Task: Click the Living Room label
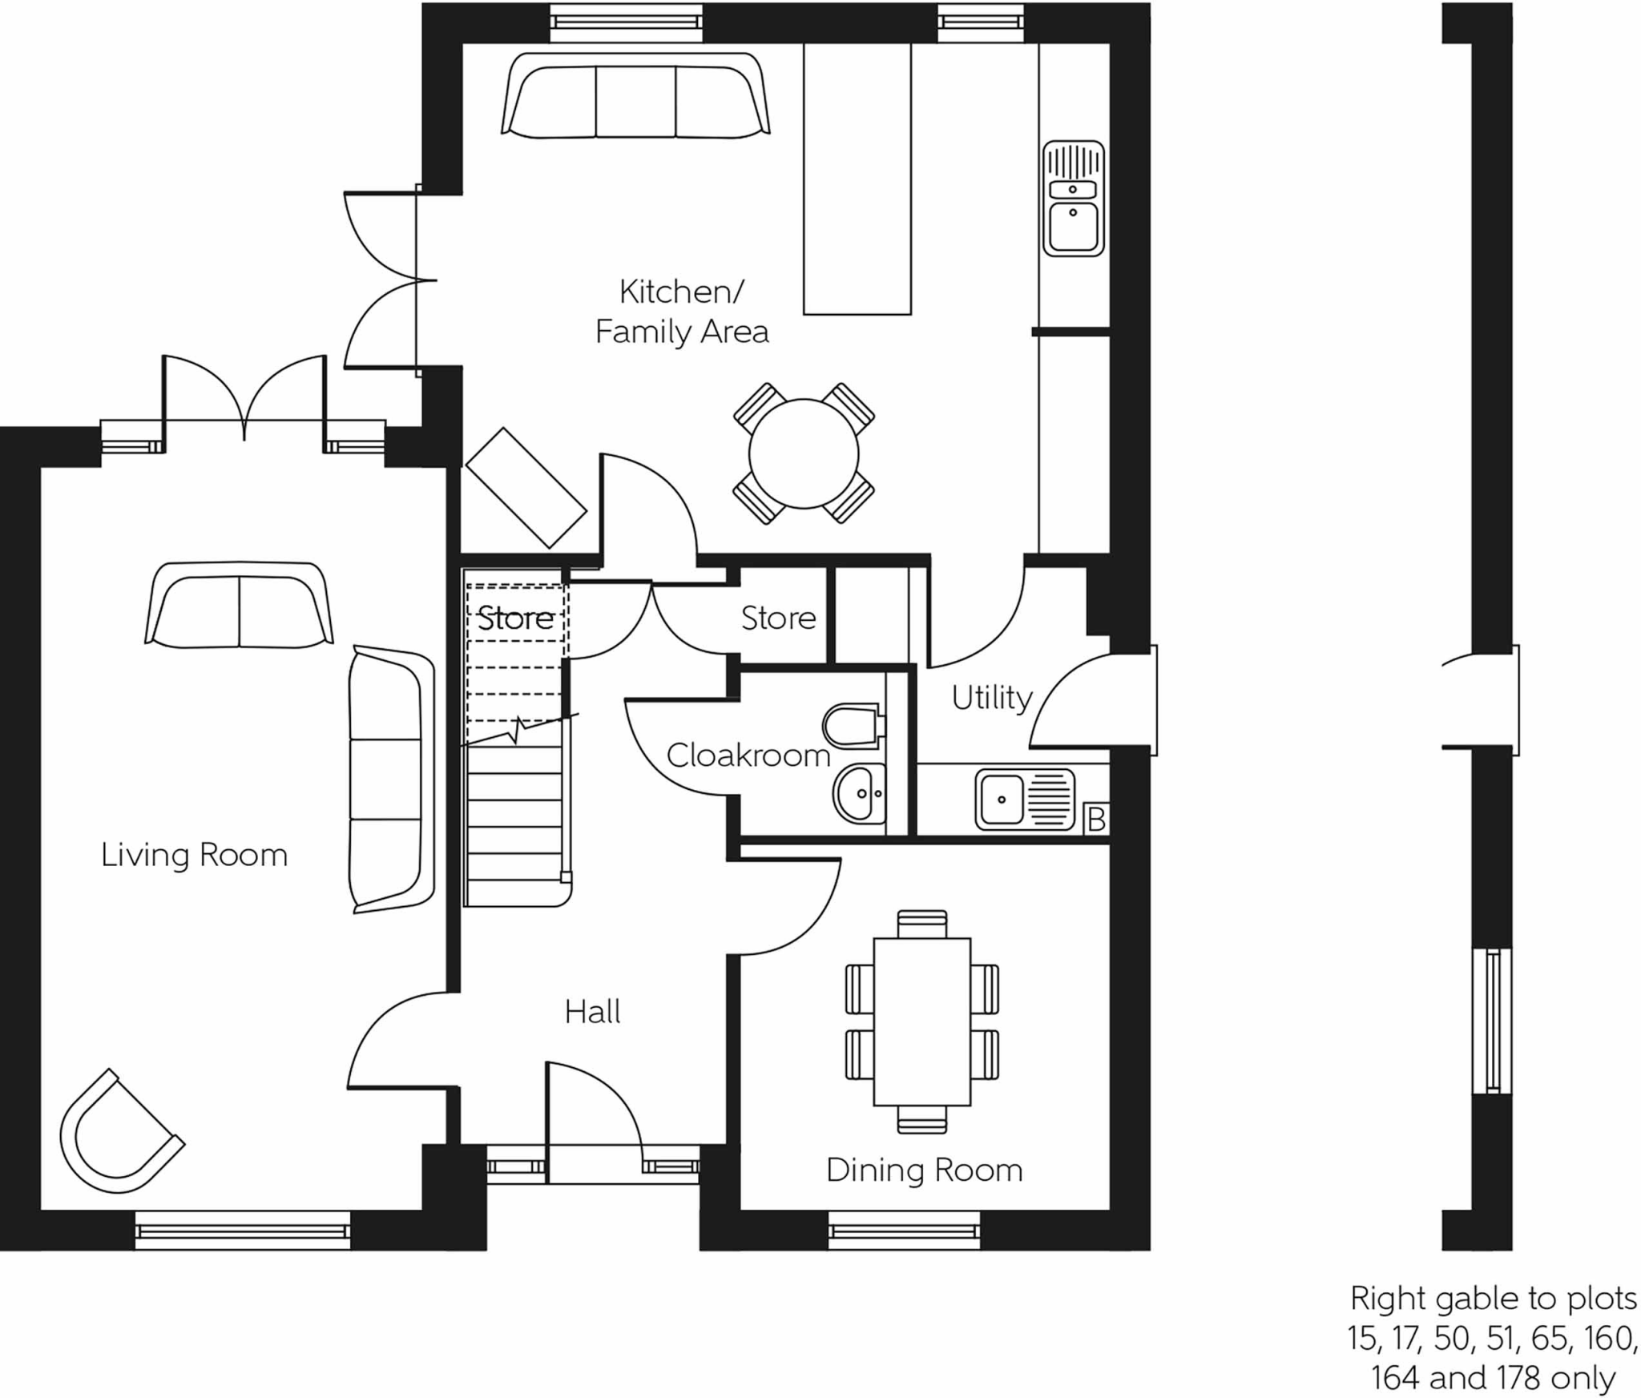[194, 855]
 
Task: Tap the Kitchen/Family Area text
[681, 312]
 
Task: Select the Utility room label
[991, 698]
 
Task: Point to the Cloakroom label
[748, 755]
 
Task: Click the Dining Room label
[924, 1170]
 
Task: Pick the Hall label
[592, 1013]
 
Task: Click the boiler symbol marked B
[1095, 820]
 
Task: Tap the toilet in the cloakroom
[852, 725]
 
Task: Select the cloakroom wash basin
[859, 793]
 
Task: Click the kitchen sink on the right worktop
[1073, 199]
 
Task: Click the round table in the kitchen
[804, 454]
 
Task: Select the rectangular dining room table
[921, 1021]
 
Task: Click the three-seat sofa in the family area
[635, 98]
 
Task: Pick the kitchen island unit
[857, 178]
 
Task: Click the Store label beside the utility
[777, 618]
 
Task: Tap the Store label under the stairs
[514, 618]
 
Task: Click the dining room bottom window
[904, 1229]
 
